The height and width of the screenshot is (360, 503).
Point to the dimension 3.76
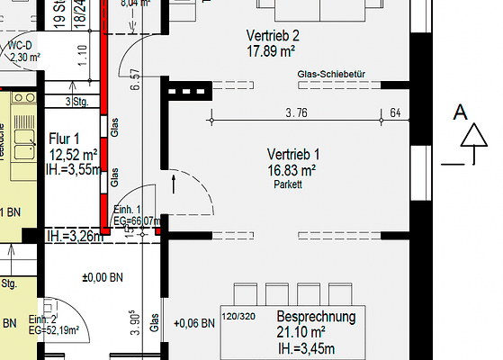297,112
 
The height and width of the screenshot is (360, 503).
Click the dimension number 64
396,112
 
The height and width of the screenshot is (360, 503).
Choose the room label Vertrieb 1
293,154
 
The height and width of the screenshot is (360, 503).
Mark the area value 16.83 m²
293,169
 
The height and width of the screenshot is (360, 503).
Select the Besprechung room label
316,318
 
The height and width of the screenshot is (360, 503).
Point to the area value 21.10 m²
308,333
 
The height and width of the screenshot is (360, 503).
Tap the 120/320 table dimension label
240,318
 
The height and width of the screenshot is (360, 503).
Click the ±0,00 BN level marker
103,277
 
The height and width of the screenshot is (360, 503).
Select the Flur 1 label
65,139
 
